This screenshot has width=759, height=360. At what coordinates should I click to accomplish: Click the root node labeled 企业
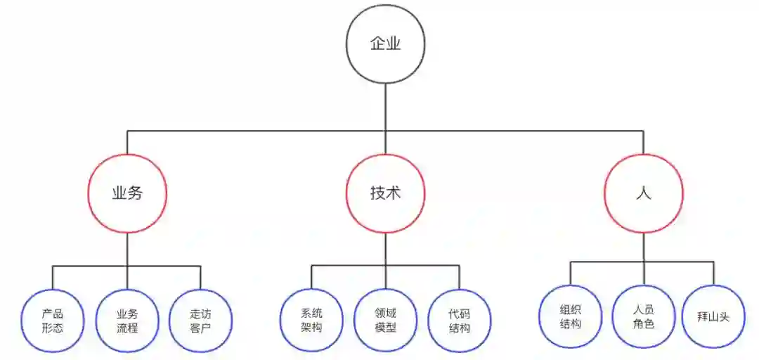coord(385,44)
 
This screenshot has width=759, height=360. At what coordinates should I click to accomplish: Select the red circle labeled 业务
coord(127,193)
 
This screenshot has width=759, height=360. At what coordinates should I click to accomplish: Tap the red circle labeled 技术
coord(385,193)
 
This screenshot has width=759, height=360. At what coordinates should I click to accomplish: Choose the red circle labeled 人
coord(643,193)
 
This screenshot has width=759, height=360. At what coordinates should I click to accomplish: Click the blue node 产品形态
coord(53,321)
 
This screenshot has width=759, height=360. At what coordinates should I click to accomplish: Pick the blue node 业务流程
coord(127,321)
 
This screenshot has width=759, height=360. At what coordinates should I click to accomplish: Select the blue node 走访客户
coord(200,321)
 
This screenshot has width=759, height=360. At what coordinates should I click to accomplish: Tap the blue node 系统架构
coord(311,320)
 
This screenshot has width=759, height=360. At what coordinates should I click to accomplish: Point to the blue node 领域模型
coord(385,320)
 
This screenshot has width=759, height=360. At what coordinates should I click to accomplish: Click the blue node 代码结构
coord(459,320)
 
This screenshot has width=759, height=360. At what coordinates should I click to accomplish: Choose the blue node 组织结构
coord(570,316)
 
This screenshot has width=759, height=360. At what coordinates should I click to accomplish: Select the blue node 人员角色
coord(643,316)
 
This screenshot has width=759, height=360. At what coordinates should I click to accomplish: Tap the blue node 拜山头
coord(715,316)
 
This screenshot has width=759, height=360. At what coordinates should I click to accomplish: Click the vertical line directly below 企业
coord(385,105)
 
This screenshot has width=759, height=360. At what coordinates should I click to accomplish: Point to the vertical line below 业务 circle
coord(127,250)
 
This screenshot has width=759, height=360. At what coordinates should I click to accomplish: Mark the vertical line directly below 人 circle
coord(643,247)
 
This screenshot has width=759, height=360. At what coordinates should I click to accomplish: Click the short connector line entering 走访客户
coord(200,278)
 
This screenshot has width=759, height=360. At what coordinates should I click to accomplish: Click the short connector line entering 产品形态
coord(53,278)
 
